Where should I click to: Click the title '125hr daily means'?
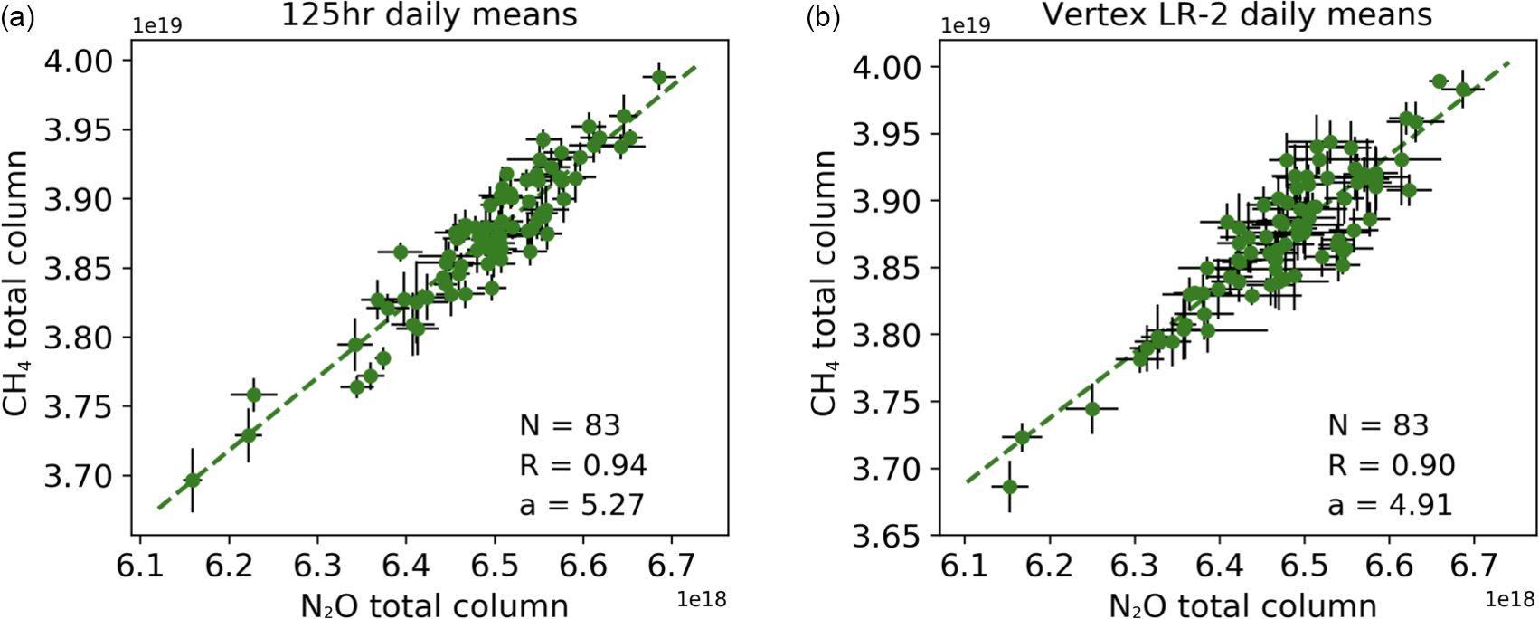430,15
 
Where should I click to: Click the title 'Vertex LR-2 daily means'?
1237,15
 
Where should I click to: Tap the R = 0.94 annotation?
582,465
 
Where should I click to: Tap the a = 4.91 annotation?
1390,504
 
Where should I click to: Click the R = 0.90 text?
1391,465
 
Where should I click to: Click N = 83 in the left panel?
570,425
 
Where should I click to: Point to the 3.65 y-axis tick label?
889,537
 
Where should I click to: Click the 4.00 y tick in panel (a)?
81,61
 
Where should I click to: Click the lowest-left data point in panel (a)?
192,480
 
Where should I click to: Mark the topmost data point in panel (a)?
659,77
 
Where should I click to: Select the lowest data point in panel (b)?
1010,487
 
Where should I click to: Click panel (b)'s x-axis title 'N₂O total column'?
1242,605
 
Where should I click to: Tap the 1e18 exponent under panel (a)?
702,599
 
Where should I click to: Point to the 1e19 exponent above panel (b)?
966,25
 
